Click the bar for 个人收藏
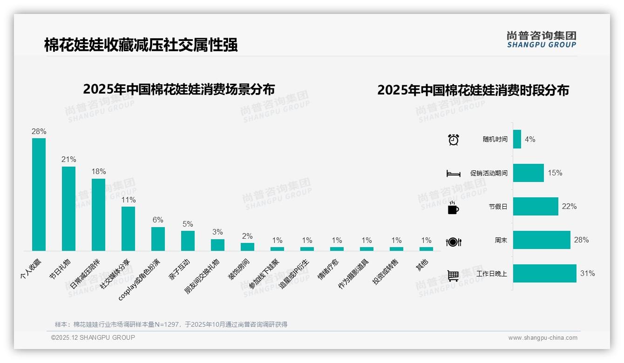point(39,195)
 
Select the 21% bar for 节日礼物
point(68,208)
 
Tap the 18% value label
point(99,172)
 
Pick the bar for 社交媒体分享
point(128,229)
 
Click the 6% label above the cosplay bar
point(158,220)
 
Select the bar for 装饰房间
point(247,247)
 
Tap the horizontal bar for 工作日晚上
point(544,274)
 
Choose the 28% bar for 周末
point(542,240)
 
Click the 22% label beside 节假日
point(569,207)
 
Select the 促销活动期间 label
point(488,173)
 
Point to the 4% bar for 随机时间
point(517,139)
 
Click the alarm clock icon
point(454,140)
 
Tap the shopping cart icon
point(453,276)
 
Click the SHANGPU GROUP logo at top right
point(542,40)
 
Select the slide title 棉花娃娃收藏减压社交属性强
point(141,45)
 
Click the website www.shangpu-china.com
point(543,338)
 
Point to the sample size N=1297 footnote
point(171,324)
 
